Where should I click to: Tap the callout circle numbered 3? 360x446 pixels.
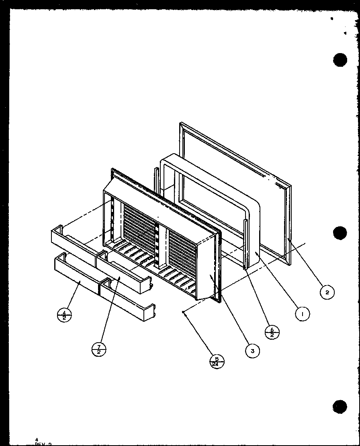[252, 350]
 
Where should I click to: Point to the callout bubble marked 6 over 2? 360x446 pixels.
[272, 332]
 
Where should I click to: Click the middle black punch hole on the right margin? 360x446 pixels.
[340, 233]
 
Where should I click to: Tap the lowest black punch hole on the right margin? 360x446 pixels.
[340, 406]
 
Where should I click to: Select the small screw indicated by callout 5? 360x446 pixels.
[183, 311]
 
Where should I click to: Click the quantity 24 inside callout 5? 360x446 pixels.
[217, 364]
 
